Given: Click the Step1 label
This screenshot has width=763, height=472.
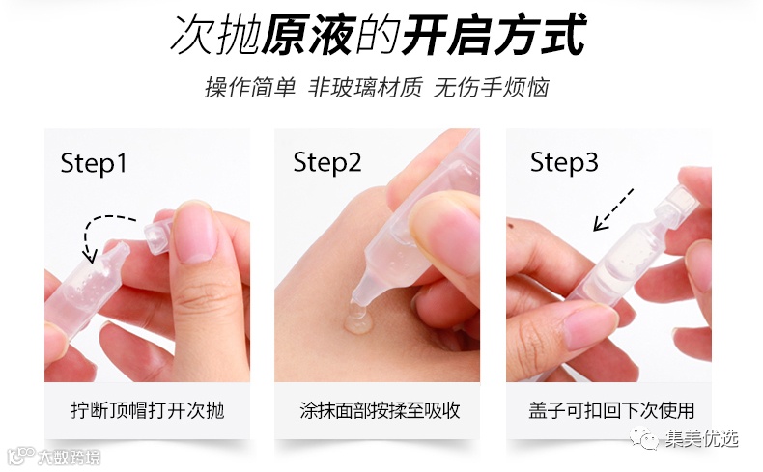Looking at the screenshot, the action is click(94, 164).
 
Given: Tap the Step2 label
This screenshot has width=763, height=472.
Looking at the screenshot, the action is click(327, 163).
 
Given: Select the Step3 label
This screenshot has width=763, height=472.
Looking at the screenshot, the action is click(564, 162).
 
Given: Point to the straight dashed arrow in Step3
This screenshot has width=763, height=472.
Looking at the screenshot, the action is click(613, 209).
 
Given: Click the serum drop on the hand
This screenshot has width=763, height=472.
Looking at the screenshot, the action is click(357, 319).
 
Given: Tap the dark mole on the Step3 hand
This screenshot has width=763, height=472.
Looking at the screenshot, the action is click(511, 225).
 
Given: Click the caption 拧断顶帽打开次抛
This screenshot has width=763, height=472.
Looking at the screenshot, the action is click(148, 411).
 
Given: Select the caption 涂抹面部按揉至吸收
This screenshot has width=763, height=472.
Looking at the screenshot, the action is click(380, 411).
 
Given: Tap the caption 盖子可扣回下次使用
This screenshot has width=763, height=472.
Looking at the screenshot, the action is click(611, 411).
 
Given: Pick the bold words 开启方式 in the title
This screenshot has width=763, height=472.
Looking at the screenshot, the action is click(494, 34).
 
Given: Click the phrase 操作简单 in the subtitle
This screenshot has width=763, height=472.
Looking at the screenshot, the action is click(250, 88).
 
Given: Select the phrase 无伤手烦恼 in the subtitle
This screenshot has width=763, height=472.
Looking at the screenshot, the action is click(492, 88).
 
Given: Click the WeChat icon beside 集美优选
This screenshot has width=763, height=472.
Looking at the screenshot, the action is click(644, 438).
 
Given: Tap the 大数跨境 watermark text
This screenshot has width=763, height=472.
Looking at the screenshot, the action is click(70, 458).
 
